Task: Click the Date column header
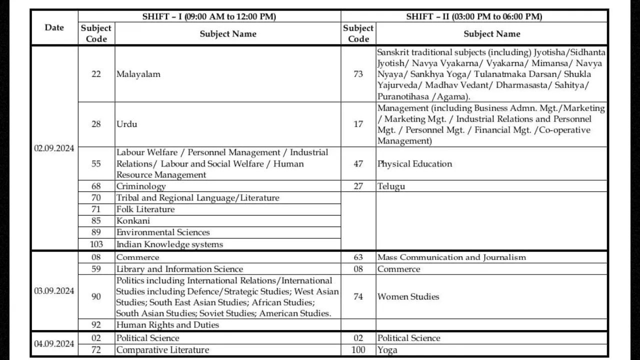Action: tap(54, 27)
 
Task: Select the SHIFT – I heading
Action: tap(209, 16)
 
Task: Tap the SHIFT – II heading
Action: tap(473, 16)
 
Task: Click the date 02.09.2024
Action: tap(54, 148)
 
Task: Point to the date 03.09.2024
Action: tap(54, 291)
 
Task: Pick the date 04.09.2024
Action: tap(54, 344)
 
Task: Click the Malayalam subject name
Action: tap(138, 74)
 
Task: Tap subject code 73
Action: tap(358, 74)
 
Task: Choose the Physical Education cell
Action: tap(414, 163)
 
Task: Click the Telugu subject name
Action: tap(391, 186)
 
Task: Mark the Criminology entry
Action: tap(141, 186)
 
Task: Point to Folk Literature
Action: tap(145, 209)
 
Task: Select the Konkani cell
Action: tap(133, 221)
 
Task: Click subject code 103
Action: tap(96, 244)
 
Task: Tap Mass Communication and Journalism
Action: tap(451, 257)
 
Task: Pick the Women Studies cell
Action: tap(408, 296)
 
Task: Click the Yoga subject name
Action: tap(387, 350)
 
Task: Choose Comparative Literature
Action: tap(162, 350)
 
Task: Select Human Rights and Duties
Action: tap(167, 325)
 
